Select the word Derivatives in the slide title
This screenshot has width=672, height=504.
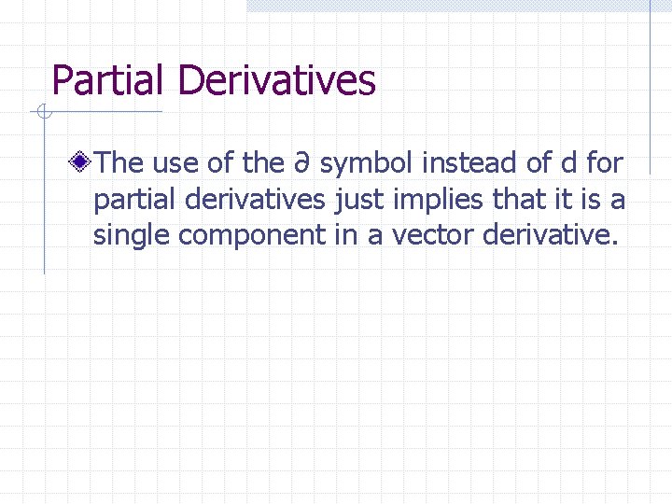coord(276,80)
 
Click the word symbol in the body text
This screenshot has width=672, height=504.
coord(367,164)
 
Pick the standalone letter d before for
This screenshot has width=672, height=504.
coord(568,163)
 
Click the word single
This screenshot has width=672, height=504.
coord(132,236)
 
